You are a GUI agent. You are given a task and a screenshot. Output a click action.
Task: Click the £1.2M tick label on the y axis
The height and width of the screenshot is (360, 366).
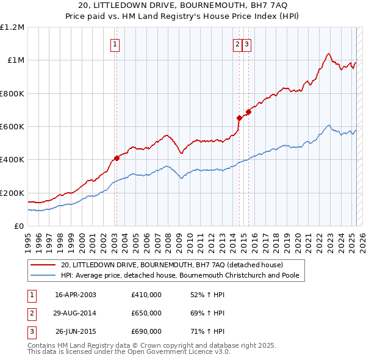[12, 27]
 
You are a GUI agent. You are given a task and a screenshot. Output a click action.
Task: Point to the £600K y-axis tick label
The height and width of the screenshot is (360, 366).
[12, 127]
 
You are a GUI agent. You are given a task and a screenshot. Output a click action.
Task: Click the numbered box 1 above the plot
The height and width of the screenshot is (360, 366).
[115, 43]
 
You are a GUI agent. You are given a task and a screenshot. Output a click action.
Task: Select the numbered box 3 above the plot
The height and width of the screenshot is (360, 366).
[246, 43]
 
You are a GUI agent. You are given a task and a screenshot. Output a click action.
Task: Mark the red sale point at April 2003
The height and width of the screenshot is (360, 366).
[117, 158]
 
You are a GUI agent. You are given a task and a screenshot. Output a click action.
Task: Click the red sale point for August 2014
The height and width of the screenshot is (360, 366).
[239, 118]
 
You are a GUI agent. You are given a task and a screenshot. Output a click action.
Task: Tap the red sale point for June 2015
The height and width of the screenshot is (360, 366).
[248, 112]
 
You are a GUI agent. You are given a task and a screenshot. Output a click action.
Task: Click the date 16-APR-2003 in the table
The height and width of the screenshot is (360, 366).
[76, 294]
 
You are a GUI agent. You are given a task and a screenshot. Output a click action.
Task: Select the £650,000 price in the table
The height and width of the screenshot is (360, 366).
[146, 313]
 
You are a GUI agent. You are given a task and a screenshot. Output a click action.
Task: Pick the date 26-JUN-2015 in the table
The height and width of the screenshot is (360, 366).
[76, 331]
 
